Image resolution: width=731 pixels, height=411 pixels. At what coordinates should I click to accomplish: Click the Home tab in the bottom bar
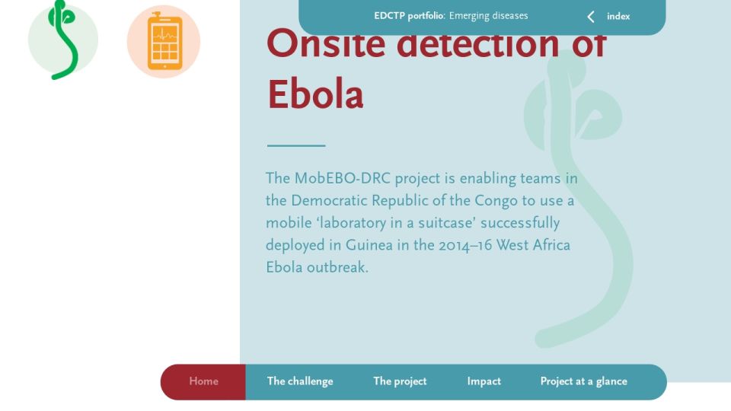203,381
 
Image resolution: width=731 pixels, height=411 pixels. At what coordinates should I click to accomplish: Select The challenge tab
300,381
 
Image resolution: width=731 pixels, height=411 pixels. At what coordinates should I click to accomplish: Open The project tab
400,381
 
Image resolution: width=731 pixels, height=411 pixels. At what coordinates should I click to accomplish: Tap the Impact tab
484,381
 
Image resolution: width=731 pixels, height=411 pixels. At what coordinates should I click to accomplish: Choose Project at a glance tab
584,381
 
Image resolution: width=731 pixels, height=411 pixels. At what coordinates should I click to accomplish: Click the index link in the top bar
618,16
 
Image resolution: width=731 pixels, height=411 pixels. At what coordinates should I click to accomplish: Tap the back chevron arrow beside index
591,17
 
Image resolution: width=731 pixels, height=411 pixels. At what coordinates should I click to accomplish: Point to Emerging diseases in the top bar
489,16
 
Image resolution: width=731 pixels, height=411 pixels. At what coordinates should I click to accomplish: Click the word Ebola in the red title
315,94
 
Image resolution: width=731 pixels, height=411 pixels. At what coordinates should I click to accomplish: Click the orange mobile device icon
164,41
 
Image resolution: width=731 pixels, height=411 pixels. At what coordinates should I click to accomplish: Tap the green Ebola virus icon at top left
63,39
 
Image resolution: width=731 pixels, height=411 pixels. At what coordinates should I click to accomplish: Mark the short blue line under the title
296,145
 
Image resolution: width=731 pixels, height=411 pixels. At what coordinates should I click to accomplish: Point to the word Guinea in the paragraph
369,245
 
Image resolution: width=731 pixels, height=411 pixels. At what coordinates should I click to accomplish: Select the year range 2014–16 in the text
465,245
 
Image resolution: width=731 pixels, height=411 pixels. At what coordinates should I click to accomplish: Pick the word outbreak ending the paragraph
337,267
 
